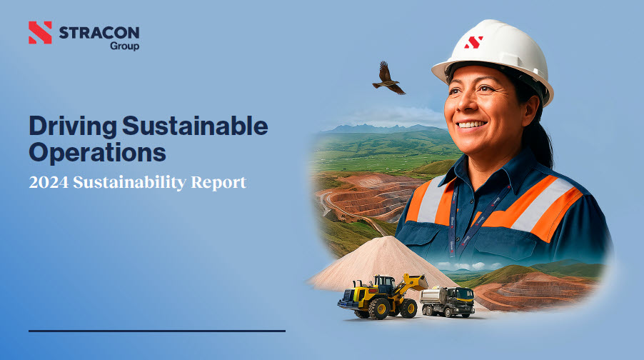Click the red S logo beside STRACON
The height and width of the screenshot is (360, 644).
point(40,32)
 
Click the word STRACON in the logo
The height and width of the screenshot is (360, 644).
point(99,32)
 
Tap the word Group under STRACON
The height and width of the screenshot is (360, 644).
point(124,46)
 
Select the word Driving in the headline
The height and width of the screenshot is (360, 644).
point(73,126)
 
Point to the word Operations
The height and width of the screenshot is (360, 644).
point(97,152)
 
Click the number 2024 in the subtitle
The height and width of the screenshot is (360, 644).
point(49,182)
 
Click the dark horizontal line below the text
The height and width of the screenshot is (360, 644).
point(157,331)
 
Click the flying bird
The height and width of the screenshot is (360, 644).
point(388,79)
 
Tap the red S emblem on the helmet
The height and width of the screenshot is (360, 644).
point(473,42)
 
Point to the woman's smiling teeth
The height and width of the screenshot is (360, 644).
point(471,124)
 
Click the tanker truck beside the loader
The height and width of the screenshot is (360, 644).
point(447,301)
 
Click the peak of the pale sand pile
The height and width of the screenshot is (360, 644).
point(385,237)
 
